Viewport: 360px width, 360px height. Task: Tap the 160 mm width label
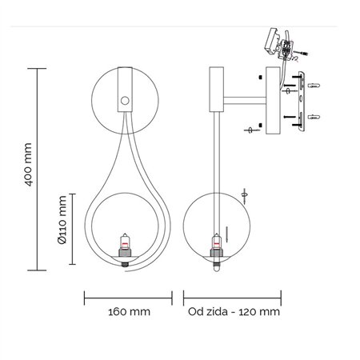coord(128,312)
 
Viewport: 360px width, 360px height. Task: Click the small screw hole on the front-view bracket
coord(124,100)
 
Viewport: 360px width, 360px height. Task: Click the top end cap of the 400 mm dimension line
coord(38,70)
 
